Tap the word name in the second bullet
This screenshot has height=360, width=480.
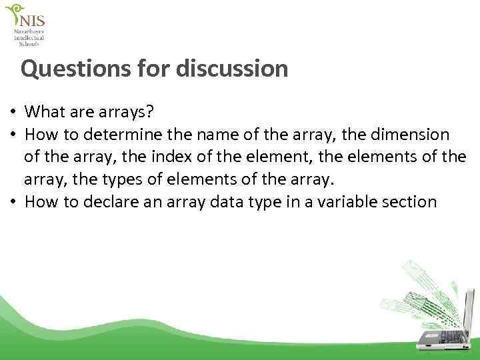pyautogui.click(x=203, y=135)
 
